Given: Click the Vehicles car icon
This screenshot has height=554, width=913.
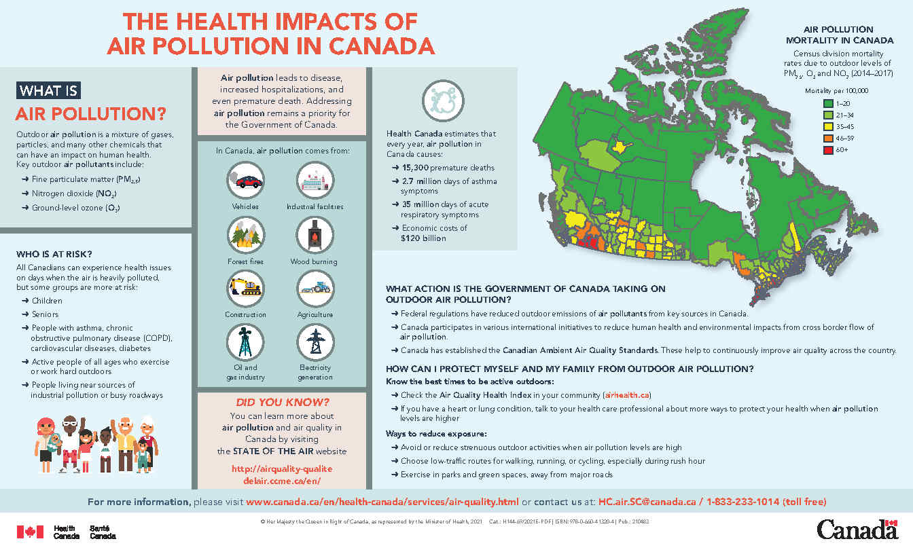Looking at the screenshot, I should pyautogui.click(x=245, y=181).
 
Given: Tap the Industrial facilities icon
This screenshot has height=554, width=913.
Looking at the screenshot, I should pyautogui.click(x=315, y=181).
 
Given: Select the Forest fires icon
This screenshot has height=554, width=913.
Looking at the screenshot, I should pyautogui.click(x=245, y=236).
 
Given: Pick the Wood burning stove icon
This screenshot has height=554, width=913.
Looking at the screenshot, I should pyautogui.click(x=315, y=236).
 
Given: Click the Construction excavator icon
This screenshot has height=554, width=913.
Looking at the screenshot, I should pyautogui.click(x=245, y=289).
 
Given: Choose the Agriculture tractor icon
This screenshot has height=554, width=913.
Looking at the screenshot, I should pyautogui.click(x=315, y=289).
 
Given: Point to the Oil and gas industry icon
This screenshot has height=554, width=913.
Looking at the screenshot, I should pyautogui.click(x=245, y=342).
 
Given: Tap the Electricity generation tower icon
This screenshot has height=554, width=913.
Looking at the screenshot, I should pyautogui.click(x=315, y=342).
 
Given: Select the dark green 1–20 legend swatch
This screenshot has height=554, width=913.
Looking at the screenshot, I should pyautogui.click(x=829, y=103).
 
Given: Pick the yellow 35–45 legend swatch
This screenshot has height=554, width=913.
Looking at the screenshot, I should pyautogui.click(x=829, y=126).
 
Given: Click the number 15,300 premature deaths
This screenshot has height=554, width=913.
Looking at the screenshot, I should pyautogui.click(x=419, y=168).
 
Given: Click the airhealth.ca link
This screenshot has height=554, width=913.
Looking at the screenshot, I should pyautogui.click(x=627, y=395).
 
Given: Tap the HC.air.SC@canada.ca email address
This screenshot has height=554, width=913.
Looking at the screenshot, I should pyautogui.click(x=647, y=502).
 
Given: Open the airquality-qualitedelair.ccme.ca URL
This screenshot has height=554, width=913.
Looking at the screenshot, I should pyautogui.click(x=283, y=475).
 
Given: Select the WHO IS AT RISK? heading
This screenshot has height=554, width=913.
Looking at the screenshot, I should pyautogui.click(x=54, y=255).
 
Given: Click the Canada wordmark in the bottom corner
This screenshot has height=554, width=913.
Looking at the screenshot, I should pyautogui.click(x=857, y=530).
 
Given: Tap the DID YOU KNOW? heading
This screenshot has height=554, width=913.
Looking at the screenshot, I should pyautogui.click(x=282, y=401).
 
